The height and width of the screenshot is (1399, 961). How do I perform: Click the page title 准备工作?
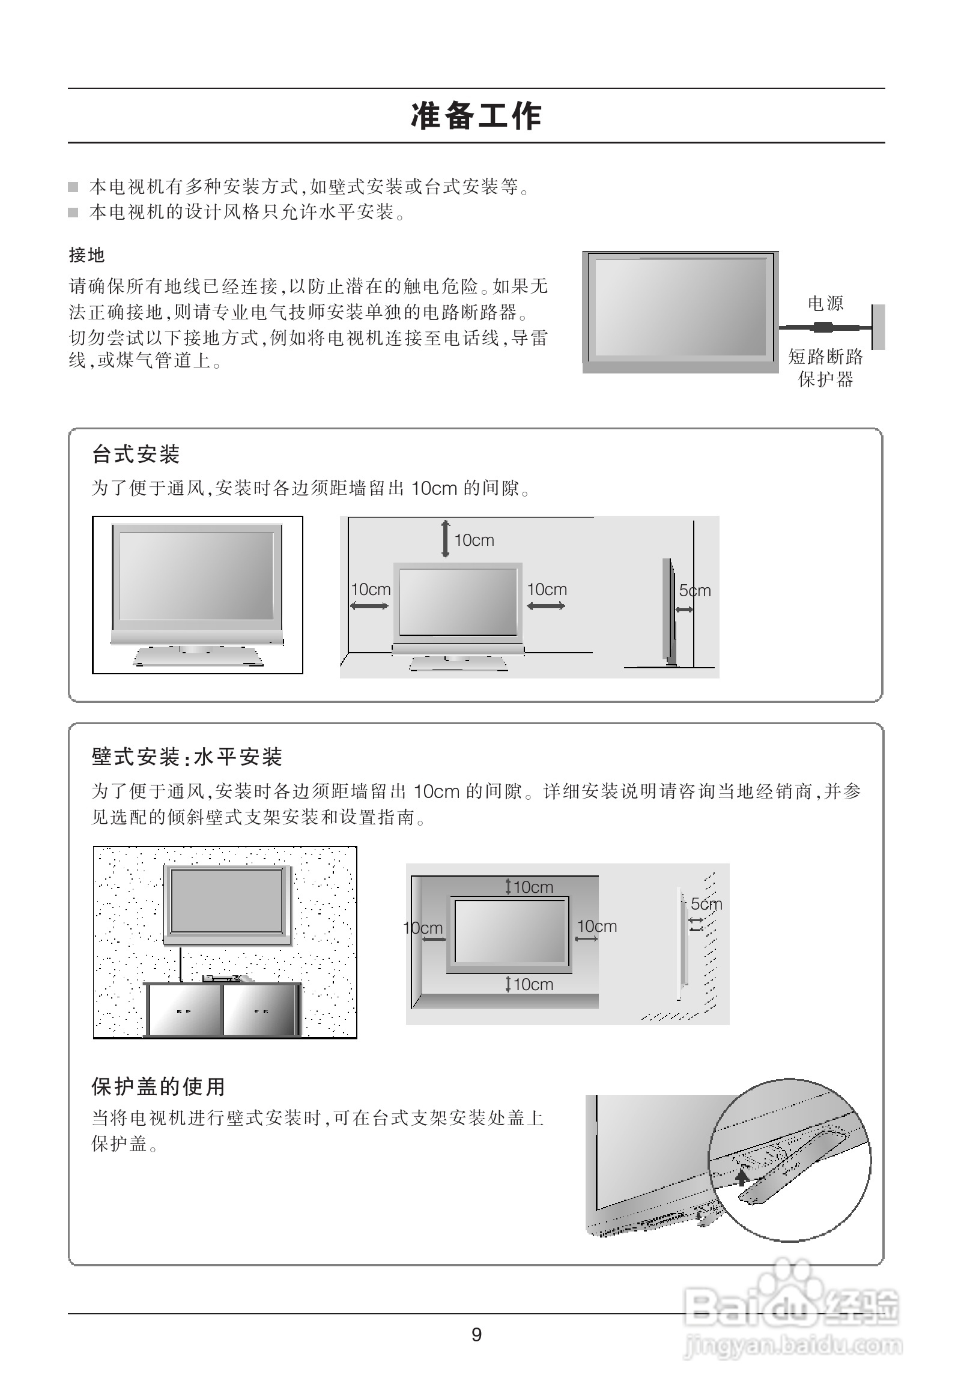tap(476, 116)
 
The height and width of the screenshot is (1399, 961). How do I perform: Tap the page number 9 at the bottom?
tap(476, 1335)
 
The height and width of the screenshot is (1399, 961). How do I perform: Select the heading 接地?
tap(86, 255)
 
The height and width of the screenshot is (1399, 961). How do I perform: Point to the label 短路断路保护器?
tap(825, 368)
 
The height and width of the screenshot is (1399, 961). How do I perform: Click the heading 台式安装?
tap(136, 454)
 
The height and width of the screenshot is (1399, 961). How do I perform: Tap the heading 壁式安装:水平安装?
tap(187, 757)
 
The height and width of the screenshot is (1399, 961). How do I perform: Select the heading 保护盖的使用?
tap(159, 1087)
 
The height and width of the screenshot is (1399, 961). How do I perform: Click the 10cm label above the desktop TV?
tap(474, 540)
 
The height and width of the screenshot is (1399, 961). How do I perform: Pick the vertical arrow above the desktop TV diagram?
tap(446, 539)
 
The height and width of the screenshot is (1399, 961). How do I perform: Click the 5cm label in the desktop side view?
tap(695, 591)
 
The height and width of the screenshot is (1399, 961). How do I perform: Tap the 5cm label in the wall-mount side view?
tap(706, 904)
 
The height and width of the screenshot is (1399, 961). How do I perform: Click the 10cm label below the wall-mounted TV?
tap(533, 984)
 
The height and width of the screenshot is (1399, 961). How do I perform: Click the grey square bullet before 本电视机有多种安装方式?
tap(73, 187)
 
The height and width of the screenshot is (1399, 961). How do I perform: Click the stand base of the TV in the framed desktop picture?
tap(198, 657)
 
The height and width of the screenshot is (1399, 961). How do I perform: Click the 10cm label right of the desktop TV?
tap(547, 590)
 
